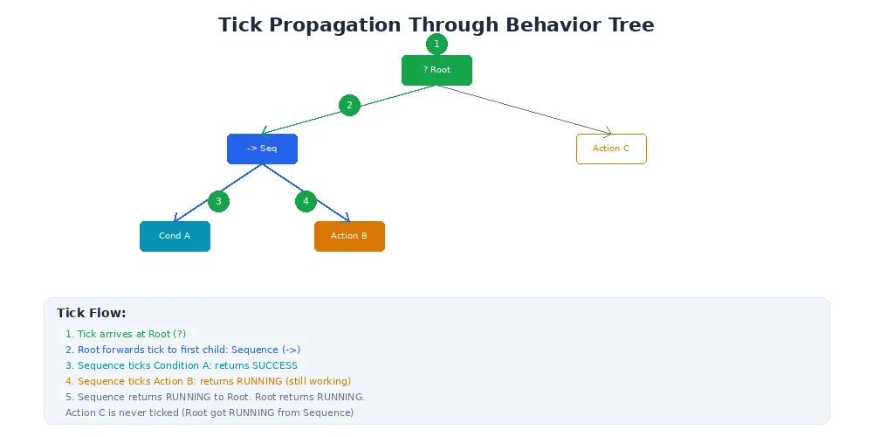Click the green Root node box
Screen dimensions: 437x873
(x=436, y=70)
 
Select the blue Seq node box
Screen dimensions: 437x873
(x=262, y=149)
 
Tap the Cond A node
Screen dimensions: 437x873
(x=175, y=236)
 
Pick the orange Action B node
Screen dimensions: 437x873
(x=349, y=236)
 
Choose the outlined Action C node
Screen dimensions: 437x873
(x=611, y=149)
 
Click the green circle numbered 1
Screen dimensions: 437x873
(x=436, y=44)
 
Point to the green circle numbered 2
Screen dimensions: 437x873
(x=349, y=105)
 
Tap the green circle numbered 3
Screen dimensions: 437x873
(x=218, y=201)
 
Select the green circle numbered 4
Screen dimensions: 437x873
(x=306, y=201)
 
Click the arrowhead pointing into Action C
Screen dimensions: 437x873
(x=607, y=133)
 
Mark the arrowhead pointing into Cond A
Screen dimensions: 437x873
(x=177, y=219)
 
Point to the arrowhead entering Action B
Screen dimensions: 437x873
(x=346, y=219)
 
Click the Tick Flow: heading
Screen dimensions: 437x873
(x=91, y=313)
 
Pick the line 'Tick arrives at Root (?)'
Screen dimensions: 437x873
(x=125, y=334)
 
